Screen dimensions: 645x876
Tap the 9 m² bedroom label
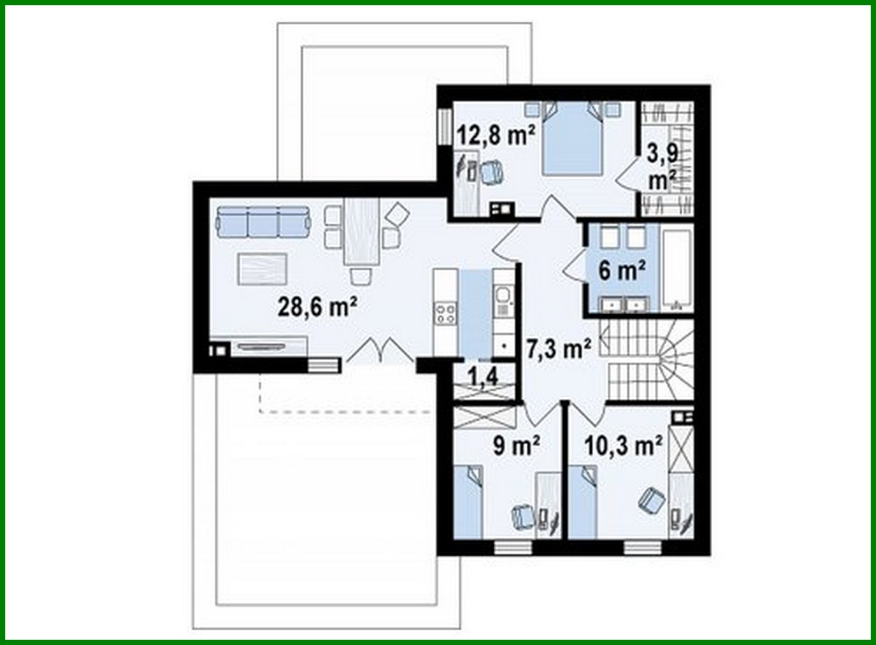click(516, 446)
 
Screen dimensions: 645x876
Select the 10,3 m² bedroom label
click(624, 446)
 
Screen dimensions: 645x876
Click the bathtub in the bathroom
click(677, 270)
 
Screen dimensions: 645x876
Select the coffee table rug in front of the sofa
click(262, 269)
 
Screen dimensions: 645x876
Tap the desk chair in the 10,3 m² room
click(651, 500)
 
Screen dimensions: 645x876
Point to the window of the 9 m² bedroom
click(513, 547)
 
